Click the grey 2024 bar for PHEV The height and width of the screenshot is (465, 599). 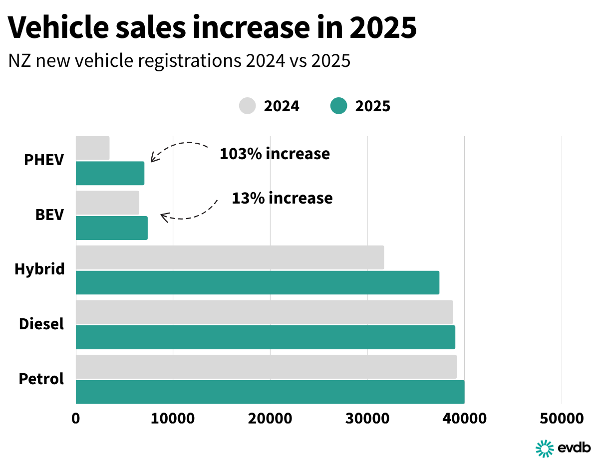(93, 148)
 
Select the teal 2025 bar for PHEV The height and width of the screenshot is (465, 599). (110, 173)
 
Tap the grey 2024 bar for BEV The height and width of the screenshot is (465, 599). (107, 203)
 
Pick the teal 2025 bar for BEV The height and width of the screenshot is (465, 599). (112, 228)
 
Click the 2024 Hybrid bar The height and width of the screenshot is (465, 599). (230, 257)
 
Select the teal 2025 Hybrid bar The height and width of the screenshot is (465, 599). (257, 282)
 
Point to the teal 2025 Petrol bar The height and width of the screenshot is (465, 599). (270, 392)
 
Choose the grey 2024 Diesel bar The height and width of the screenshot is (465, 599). (264, 312)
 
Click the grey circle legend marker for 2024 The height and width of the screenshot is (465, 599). (247, 106)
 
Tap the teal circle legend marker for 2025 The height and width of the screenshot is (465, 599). (338, 106)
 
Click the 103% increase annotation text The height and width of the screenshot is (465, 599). (275, 154)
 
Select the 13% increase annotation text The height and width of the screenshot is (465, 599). (282, 198)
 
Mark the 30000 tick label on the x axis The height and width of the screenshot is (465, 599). (367, 418)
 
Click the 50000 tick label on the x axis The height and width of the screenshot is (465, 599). (561, 418)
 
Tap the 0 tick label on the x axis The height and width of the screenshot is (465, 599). (76, 418)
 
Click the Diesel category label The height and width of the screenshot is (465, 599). (41, 324)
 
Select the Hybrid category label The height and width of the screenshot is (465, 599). (39, 269)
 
